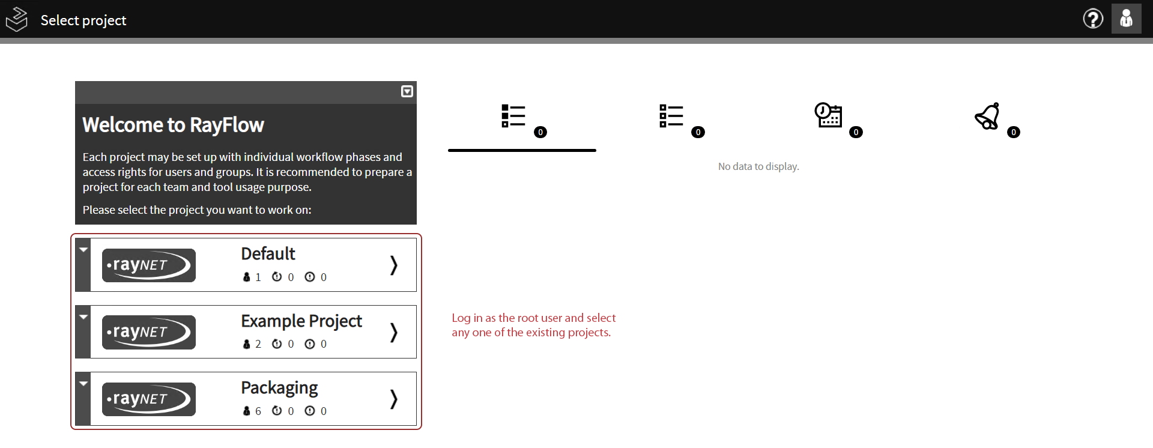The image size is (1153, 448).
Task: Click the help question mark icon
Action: (x=1093, y=19)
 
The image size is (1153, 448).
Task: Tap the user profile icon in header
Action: (x=1127, y=19)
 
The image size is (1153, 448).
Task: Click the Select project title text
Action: (x=83, y=20)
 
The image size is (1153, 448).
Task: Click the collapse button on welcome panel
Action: (x=407, y=91)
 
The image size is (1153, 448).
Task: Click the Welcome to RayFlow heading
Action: (x=173, y=125)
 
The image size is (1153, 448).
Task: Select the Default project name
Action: (x=268, y=253)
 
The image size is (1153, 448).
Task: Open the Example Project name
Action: (x=301, y=321)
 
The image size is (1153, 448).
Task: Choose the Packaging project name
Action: (x=279, y=388)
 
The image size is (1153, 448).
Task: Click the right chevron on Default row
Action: (x=394, y=265)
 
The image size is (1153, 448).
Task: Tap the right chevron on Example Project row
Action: (x=394, y=332)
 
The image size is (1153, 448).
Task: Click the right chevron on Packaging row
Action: (x=394, y=399)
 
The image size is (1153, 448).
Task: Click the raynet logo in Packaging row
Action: (x=149, y=399)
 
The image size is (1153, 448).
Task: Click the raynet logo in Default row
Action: (x=149, y=265)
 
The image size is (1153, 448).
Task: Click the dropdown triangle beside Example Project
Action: (x=83, y=316)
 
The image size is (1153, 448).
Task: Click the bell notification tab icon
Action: (x=987, y=116)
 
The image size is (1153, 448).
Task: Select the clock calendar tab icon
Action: (x=828, y=115)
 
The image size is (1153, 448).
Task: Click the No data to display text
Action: (x=758, y=166)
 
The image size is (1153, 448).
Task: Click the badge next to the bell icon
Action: (x=1014, y=132)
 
